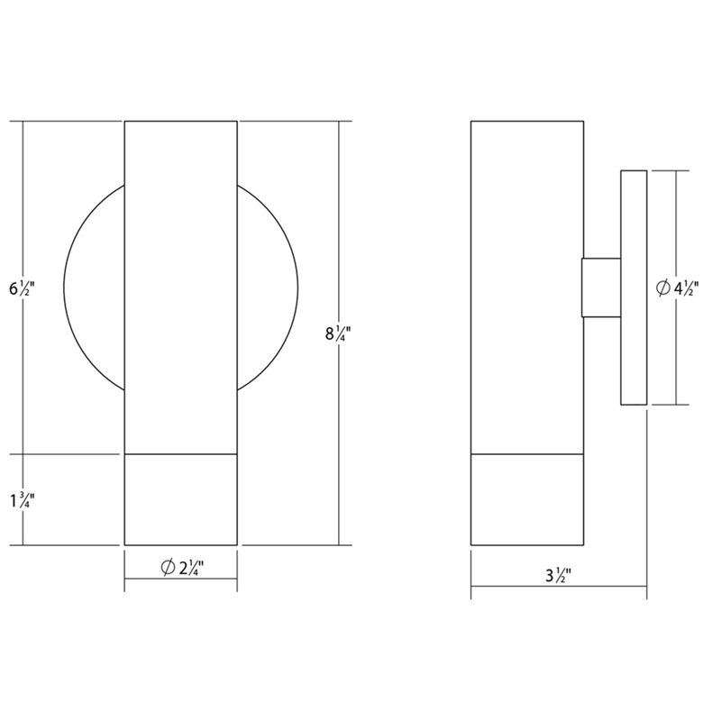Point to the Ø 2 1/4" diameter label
coord(180,568)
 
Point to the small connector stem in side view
coord(601,287)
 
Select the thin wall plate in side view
coord(633,287)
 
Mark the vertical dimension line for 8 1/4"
coord(339,225)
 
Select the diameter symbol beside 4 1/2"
coord(662,288)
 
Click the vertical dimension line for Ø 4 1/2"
coord(676,360)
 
